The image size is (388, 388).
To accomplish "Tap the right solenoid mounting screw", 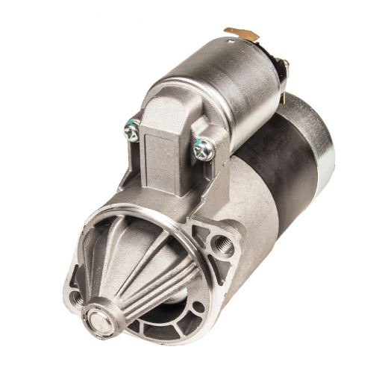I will click(204, 148).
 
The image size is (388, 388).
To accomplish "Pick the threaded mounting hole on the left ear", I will click(76, 298).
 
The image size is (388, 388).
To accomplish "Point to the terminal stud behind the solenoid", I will click(284, 67).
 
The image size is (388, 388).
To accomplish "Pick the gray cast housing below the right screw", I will click(246, 201).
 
